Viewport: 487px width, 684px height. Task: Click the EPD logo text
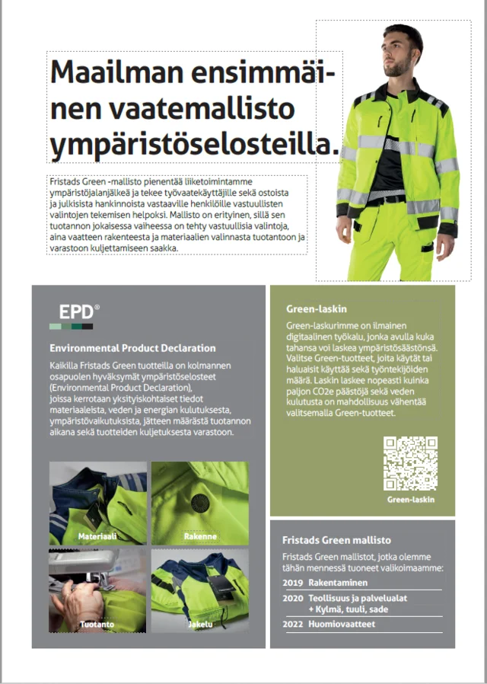pyautogui.click(x=77, y=312)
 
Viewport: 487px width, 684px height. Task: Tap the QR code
pyautogui.click(x=410, y=464)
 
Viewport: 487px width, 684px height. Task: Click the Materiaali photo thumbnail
pyautogui.click(x=98, y=503)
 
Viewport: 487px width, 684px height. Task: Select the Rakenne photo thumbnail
pyautogui.click(x=200, y=503)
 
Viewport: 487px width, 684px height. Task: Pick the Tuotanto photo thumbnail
pyautogui.click(x=98, y=591)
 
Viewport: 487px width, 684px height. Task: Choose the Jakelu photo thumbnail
pyautogui.click(x=200, y=591)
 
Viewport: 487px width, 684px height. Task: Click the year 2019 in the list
pyautogui.click(x=292, y=582)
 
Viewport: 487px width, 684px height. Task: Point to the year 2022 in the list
pyautogui.click(x=292, y=624)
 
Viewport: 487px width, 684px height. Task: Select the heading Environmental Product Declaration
pyautogui.click(x=132, y=348)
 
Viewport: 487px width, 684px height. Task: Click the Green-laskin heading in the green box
pyautogui.click(x=317, y=309)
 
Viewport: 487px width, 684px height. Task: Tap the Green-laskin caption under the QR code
pyautogui.click(x=411, y=500)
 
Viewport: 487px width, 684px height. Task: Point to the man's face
pyautogui.click(x=399, y=53)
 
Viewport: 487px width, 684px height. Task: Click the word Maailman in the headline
pyautogui.click(x=111, y=73)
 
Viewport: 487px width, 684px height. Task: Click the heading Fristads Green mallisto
pyautogui.click(x=336, y=539)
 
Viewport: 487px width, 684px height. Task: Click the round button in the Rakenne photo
pyautogui.click(x=200, y=501)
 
